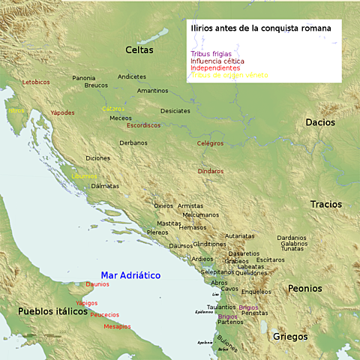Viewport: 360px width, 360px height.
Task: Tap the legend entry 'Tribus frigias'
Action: click(x=211, y=54)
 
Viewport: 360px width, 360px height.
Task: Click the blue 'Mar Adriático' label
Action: click(x=130, y=275)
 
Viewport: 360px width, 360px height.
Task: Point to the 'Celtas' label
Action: click(x=139, y=50)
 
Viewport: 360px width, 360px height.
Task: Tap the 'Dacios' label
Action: click(x=320, y=122)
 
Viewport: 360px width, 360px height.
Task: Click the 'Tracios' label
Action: click(x=326, y=204)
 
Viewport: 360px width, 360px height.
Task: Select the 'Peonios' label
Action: click(x=304, y=288)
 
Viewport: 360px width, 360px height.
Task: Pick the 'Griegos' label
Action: click(x=290, y=336)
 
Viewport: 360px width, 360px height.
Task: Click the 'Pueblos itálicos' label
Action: click(x=48, y=310)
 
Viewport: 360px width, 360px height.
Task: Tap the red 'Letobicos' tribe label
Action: click(x=36, y=82)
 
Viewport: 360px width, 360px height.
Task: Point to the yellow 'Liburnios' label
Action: click(x=85, y=176)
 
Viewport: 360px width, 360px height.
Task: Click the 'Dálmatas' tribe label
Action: click(x=105, y=185)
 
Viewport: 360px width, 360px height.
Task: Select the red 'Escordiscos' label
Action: click(x=143, y=125)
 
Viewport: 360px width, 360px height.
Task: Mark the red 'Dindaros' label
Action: click(x=211, y=171)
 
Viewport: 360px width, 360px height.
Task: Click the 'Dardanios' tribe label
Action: click(x=292, y=238)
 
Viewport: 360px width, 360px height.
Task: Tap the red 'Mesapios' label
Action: click(x=117, y=326)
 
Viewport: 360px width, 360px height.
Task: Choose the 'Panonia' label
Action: click(x=84, y=78)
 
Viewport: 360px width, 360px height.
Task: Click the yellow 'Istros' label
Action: click(x=16, y=110)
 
